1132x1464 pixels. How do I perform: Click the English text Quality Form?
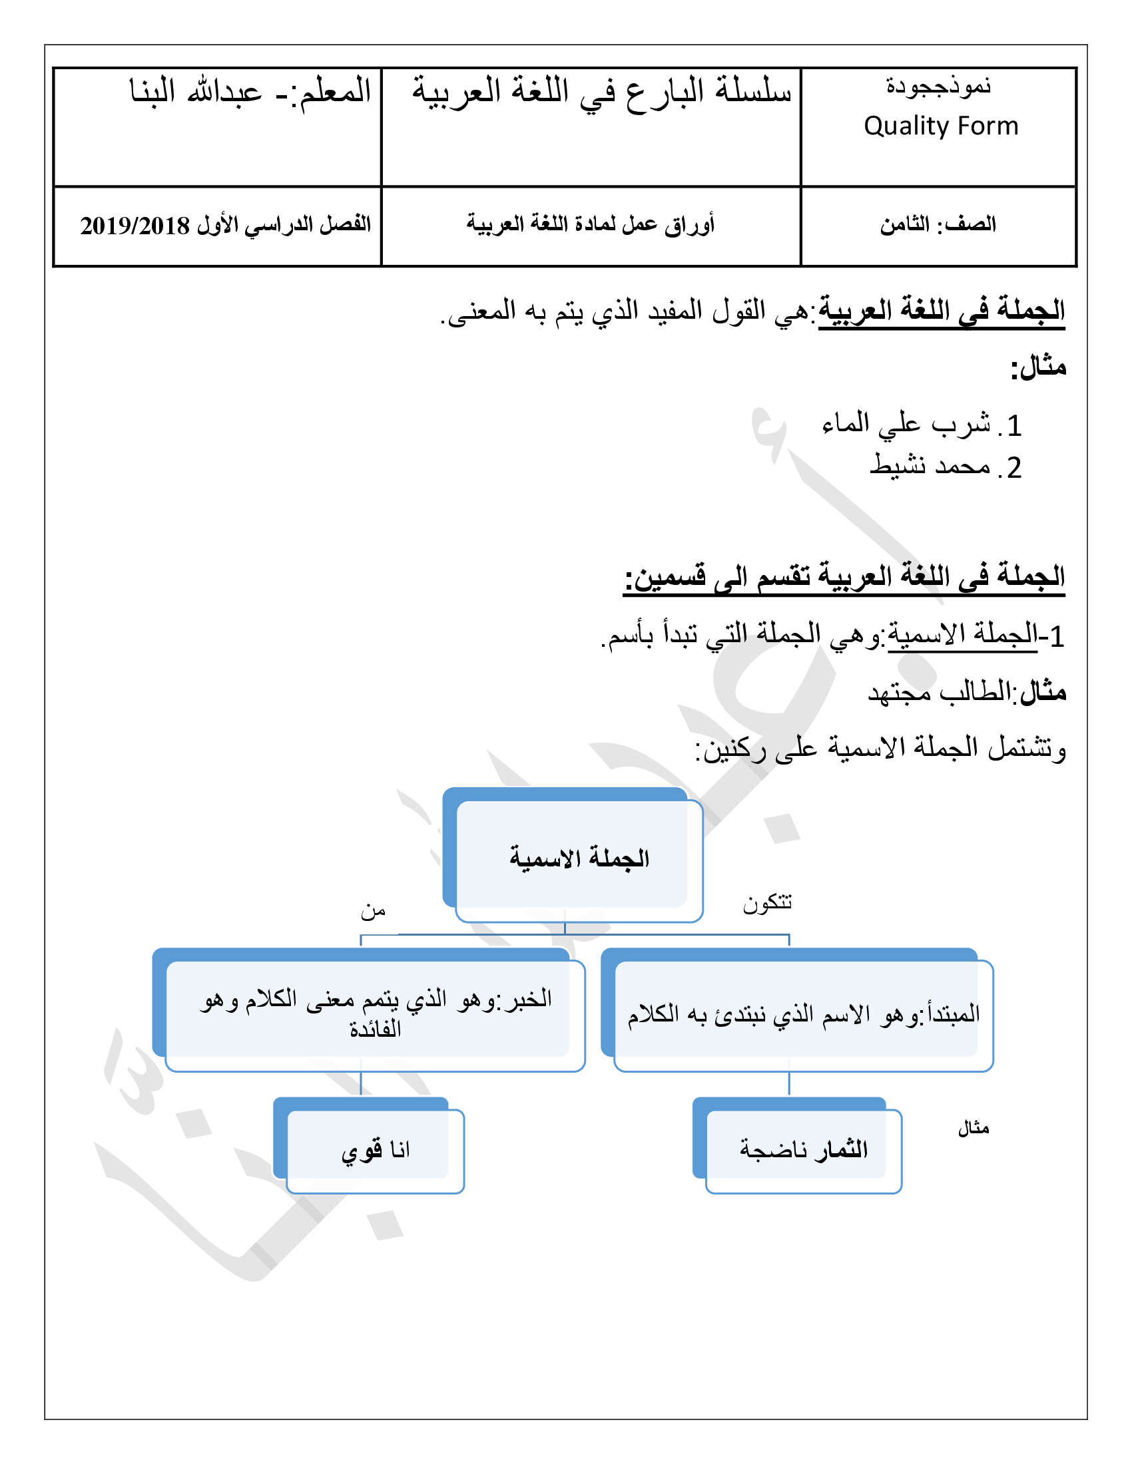pyautogui.click(x=940, y=126)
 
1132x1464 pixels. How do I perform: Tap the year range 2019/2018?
pyautogui.click(x=135, y=226)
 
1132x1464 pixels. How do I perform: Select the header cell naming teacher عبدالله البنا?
pyautogui.click(x=250, y=91)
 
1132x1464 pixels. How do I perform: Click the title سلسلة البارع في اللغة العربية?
pyautogui.click(x=601, y=91)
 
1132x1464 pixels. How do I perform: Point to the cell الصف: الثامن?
pyautogui.click(x=938, y=224)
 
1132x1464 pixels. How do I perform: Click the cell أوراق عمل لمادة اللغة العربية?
pyautogui.click(x=590, y=224)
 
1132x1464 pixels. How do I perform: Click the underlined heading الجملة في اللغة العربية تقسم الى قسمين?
pyautogui.click(x=844, y=577)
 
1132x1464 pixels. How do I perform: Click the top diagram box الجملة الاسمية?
pyautogui.click(x=579, y=858)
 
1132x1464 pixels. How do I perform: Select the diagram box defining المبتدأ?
pyautogui.click(x=803, y=1014)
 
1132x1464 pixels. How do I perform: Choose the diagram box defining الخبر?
pyautogui.click(x=376, y=1013)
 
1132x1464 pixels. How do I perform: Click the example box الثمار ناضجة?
pyautogui.click(x=804, y=1150)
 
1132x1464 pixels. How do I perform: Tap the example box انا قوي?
pyautogui.click(x=376, y=1151)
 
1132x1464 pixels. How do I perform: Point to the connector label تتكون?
pyautogui.click(x=767, y=903)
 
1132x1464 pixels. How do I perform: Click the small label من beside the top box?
pyautogui.click(x=373, y=911)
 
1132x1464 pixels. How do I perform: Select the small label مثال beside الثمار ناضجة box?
pyautogui.click(x=973, y=1129)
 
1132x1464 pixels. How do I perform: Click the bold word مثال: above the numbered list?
pyautogui.click(x=1038, y=367)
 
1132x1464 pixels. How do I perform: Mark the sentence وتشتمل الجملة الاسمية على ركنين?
pyautogui.click(x=880, y=748)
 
